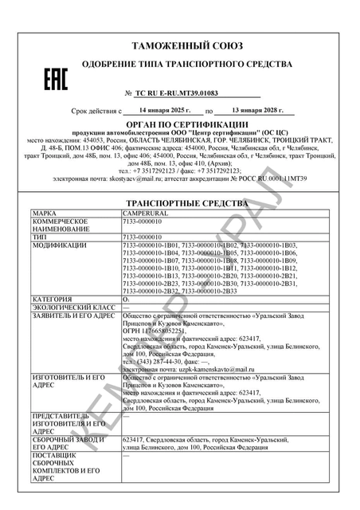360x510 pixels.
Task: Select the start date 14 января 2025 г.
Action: pyautogui.click(x=161, y=112)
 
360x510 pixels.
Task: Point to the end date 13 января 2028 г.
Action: pyautogui.click(x=252, y=112)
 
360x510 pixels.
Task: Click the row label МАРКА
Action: pyautogui.click(x=44, y=214)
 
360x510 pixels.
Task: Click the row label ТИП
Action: pyautogui.click(x=40, y=237)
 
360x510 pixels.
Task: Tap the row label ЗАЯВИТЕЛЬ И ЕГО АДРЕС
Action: pyautogui.click(x=72, y=314)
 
